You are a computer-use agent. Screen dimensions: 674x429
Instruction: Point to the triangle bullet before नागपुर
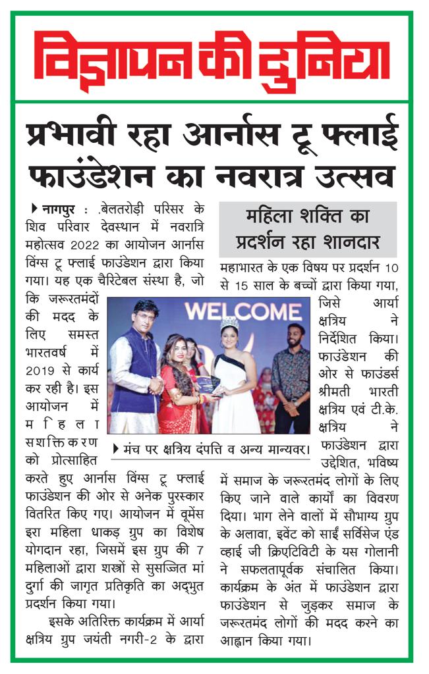(34, 209)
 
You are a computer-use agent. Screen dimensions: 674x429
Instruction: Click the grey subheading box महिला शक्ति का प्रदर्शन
(308, 229)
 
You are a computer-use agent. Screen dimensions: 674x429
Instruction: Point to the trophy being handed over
(206, 386)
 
